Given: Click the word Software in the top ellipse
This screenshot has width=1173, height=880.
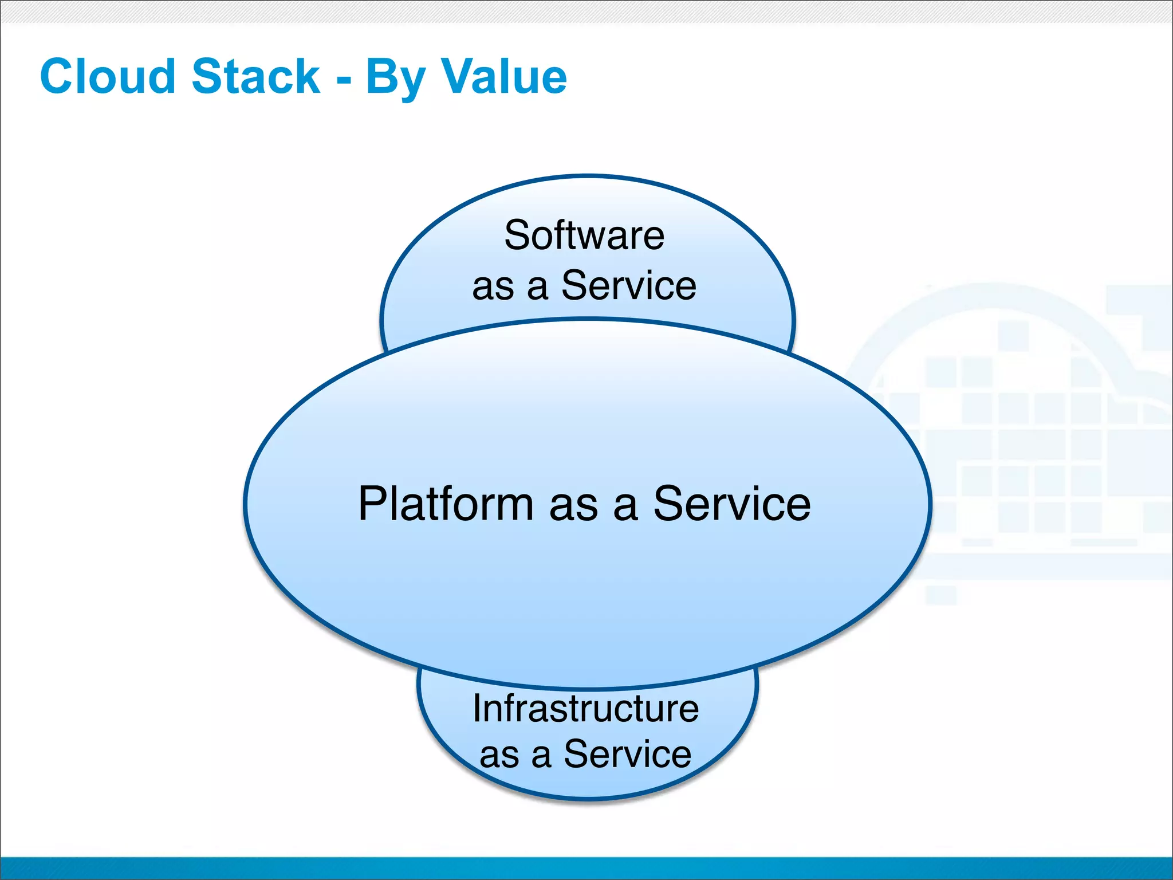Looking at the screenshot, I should pos(584,235).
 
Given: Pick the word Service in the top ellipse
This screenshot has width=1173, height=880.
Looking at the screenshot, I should pos(628,285).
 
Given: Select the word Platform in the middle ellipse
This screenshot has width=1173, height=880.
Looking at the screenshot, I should pos(446,504).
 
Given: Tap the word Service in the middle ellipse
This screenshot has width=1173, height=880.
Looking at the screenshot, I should pos(732,504).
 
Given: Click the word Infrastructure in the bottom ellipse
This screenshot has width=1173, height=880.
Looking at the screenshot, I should pos(585,709).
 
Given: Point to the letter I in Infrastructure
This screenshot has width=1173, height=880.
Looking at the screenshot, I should pos(477,709).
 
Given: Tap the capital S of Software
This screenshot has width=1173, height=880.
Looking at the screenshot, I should pos(516,235).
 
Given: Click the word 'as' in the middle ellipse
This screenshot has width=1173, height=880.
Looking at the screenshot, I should pos(573,506).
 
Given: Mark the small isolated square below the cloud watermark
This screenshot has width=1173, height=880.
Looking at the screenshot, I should pos(941,595).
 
